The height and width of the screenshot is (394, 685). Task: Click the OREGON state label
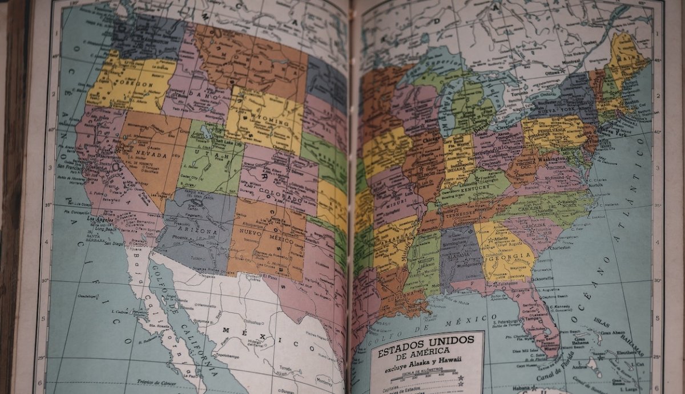[x=136, y=84]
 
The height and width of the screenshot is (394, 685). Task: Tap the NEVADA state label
[x=151, y=155]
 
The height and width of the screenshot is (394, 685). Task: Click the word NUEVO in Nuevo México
[x=251, y=233]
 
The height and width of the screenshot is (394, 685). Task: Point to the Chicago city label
[x=432, y=138]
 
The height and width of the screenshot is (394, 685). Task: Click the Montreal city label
[x=571, y=62]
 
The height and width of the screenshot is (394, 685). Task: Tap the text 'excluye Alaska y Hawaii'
[x=423, y=363]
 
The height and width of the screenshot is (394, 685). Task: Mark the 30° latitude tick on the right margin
[x=657, y=280]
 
